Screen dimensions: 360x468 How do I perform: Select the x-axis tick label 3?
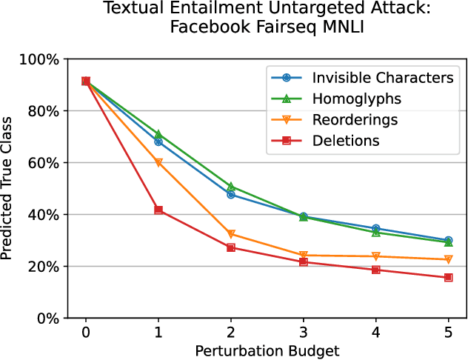pos(303,333)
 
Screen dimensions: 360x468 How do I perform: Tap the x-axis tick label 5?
pos(448,333)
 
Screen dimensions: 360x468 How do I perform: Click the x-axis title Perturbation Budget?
pos(267,349)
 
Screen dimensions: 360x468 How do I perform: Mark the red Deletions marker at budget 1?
pos(158,210)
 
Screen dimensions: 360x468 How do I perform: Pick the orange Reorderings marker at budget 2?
pos(230,234)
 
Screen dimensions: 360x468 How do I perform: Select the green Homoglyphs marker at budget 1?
pos(158,135)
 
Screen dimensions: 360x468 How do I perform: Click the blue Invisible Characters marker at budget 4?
pos(375,229)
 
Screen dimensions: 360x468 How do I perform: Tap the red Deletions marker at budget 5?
pos(448,278)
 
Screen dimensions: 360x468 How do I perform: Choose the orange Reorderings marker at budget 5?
pos(448,259)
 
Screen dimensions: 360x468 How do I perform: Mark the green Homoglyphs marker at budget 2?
pos(230,187)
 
